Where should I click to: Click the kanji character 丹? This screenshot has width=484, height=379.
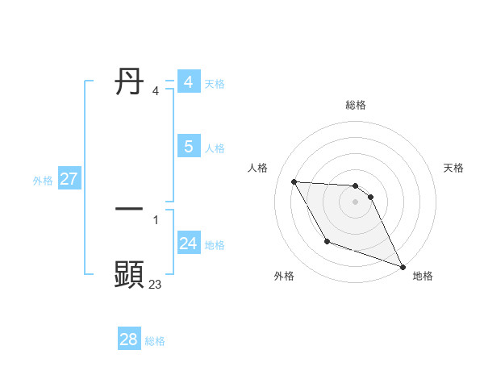(x=129, y=82)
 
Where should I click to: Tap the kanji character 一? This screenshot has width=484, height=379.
(x=129, y=209)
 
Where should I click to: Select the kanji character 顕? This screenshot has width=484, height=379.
(x=129, y=275)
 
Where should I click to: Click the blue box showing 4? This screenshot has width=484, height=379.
(x=188, y=82)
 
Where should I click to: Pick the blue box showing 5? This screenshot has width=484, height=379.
(x=188, y=147)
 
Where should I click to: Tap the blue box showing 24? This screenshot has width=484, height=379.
(x=188, y=244)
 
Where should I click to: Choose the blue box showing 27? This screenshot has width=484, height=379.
(x=69, y=179)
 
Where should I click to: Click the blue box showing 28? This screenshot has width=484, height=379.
(x=128, y=339)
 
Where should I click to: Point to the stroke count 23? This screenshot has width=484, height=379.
(x=155, y=284)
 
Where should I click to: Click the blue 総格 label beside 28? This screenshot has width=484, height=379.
(x=155, y=341)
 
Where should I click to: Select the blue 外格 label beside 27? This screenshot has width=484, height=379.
(x=43, y=181)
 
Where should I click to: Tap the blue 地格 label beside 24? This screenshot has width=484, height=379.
(x=215, y=245)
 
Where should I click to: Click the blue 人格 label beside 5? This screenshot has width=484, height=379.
(x=215, y=148)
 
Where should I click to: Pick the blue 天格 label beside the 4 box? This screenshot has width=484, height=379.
(x=215, y=84)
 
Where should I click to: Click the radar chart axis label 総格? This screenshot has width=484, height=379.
(x=356, y=105)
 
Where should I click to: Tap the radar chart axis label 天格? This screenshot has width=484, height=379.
(x=453, y=168)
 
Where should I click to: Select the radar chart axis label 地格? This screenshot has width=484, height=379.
(x=423, y=276)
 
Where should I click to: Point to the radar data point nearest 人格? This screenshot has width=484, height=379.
(x=294, y=181)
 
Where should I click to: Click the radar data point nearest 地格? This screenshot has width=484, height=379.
(x=403, y=267)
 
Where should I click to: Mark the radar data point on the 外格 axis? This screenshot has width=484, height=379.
(x=327, y=241)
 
